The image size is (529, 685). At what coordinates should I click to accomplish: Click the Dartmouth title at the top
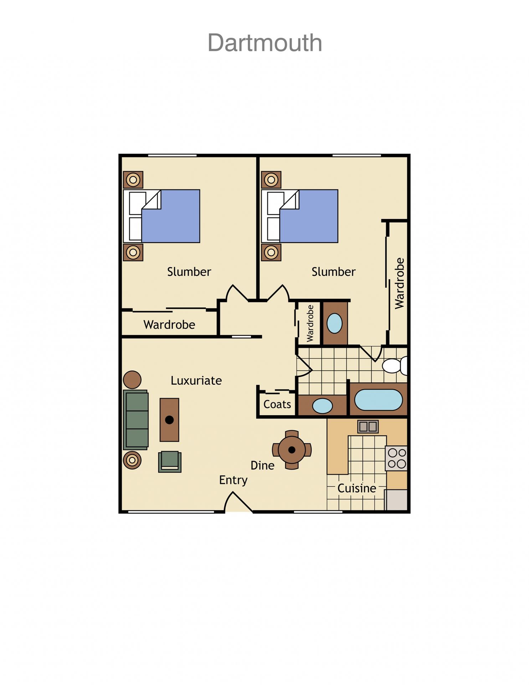tap(265, 43)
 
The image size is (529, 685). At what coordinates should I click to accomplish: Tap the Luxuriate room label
tap(196, 380)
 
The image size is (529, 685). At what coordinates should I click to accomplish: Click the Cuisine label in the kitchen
tap(356, 488)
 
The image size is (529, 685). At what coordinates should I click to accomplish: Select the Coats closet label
tap(277, 404)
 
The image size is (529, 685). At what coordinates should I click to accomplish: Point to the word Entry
tap(233, 480)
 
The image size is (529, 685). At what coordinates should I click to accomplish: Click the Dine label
tap(262, 465)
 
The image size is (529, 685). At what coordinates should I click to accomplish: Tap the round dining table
tap(292, 450)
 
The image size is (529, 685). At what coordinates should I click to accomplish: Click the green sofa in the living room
tap(136, 420)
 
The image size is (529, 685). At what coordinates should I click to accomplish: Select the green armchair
tap(170, 462)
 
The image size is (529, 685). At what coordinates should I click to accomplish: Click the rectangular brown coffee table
tap(169, 420)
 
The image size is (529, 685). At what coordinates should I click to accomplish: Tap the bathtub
tap(378, 400)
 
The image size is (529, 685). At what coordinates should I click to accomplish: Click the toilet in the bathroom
tap(394, 365)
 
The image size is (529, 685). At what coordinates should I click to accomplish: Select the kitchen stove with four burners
tap(396, 458)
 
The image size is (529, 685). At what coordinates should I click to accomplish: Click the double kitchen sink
tap(368, 426)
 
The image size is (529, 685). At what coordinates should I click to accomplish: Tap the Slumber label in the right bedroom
tap(333, 272)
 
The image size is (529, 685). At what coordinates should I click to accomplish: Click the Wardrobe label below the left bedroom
tap(169, 325)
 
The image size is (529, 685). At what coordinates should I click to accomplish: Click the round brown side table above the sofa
tap(132, 380)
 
